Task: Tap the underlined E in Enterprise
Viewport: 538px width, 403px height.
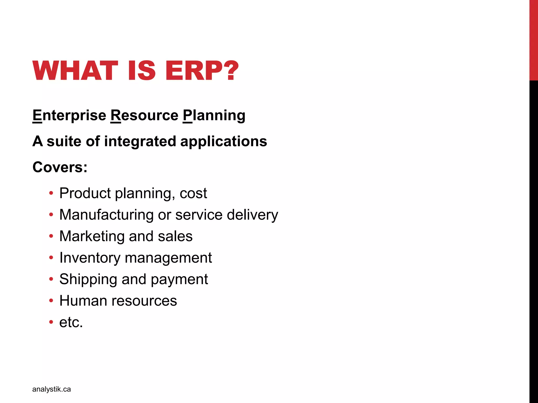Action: (37, 115)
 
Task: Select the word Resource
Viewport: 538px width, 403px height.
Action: (144, 115)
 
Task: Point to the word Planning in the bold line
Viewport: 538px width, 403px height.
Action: (214, 115)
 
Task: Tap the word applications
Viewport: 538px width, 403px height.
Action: (224, 142)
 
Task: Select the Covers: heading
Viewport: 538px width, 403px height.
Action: (60, 167)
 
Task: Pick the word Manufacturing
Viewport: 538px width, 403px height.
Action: (106, 215)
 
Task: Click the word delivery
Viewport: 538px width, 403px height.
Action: (252, 215)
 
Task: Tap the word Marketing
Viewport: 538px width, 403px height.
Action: (92, 236)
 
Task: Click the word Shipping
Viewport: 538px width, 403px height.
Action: (88, 279)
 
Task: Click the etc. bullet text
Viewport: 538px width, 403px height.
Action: (71, 322)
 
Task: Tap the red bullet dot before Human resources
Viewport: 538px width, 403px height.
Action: (51, 301)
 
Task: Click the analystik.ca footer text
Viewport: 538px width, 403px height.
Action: (51, 389)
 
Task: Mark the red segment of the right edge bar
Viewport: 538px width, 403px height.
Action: (534, 39)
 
